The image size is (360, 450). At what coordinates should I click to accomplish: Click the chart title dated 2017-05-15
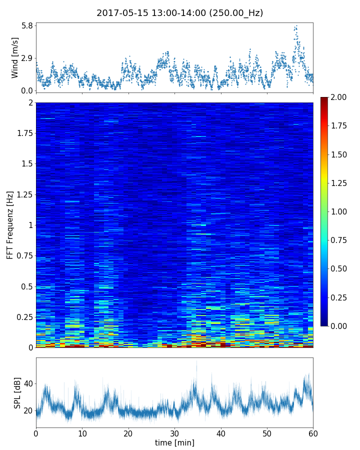pos(180,13)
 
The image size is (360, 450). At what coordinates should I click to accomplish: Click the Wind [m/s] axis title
pos(15,57)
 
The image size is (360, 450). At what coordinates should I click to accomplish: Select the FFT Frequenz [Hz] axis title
pos(10,225)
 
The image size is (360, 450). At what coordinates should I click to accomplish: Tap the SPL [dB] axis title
pos(17,392)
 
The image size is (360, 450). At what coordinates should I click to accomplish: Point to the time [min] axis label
pos(174,442)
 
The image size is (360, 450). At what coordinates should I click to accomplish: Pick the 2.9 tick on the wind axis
pos(26,58)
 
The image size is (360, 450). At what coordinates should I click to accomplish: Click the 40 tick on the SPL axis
pos(26,383)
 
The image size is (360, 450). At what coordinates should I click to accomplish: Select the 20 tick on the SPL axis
pos(26,410)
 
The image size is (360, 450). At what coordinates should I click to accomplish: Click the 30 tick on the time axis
pos(174,432)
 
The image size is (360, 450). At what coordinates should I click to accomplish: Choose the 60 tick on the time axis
pos(313,432)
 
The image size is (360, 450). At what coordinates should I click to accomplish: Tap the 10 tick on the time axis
pos(82,432)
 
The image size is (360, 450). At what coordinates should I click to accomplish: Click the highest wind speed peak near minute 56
pos(296,26)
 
